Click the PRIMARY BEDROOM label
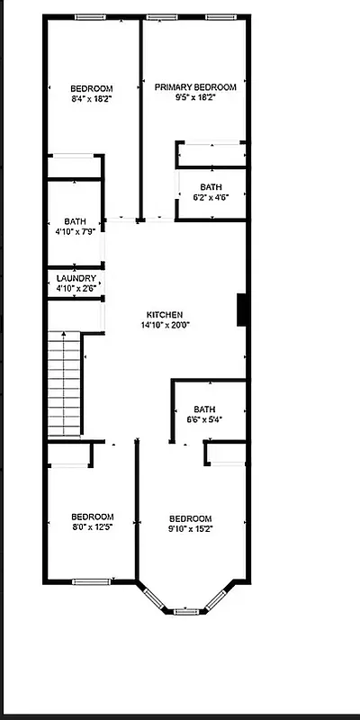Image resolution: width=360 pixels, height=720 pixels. (x=195, y=87)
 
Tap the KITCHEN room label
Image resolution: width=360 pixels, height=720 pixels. (x=165, y=314)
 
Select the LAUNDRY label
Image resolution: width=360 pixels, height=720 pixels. (x=76, y=279)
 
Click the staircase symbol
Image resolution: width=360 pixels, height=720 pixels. (x=65, y=384)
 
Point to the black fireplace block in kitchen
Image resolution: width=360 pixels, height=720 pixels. (x=242, y=310)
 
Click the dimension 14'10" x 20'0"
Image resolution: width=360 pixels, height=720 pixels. (x=165, y=325)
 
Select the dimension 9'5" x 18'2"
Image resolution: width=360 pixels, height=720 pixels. (x=195, y=98)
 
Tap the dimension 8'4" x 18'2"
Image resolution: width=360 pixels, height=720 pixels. (x=91, y=98)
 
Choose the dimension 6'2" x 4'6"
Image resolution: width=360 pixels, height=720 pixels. (x=211, y=197)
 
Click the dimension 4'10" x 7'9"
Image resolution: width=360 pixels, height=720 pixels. (x=75, y=232)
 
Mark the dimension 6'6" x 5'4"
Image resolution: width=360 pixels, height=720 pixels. (x=204, y=418)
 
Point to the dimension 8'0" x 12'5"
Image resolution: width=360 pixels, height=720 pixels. (x=91, y=528)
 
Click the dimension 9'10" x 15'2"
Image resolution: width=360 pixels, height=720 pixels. (x=190, y=529)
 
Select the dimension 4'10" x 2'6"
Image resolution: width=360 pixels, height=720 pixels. (x=76, y=289)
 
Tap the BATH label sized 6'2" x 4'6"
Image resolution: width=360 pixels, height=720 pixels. (x=211, y=187)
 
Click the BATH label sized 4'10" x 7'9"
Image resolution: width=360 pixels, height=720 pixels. (x=75, y=221)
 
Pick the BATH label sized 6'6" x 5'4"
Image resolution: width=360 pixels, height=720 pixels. (x=204, y=408)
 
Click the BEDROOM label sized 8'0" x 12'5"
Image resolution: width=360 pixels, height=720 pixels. (x=91, y=517)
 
